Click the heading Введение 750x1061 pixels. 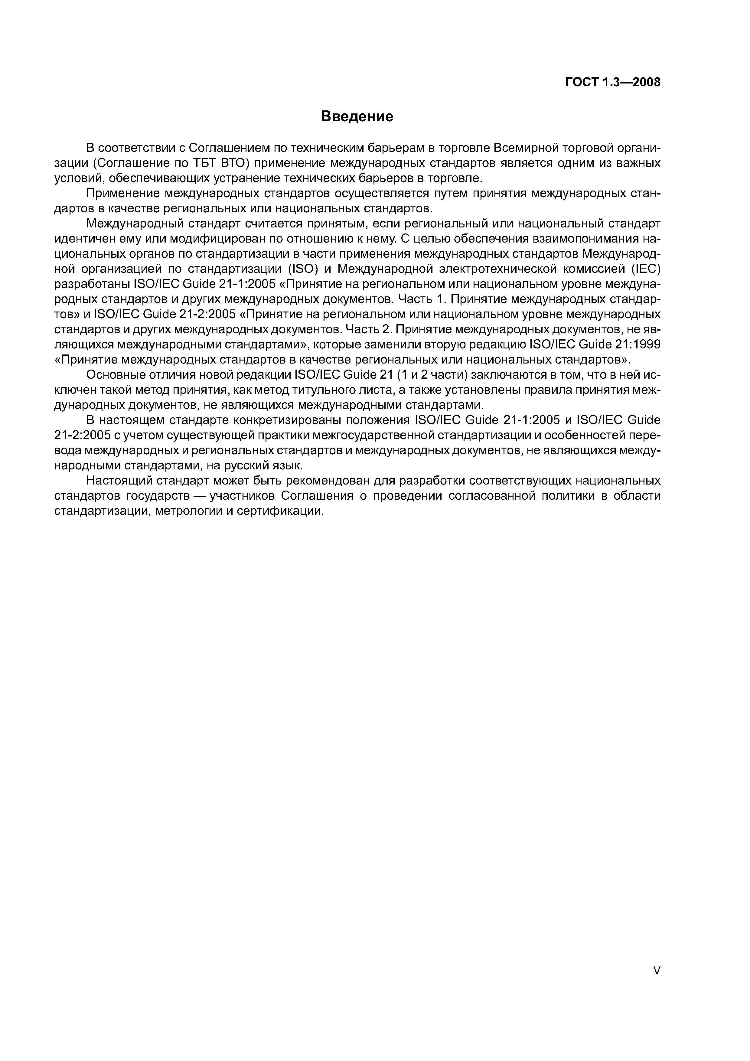click(x=357, y=116)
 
